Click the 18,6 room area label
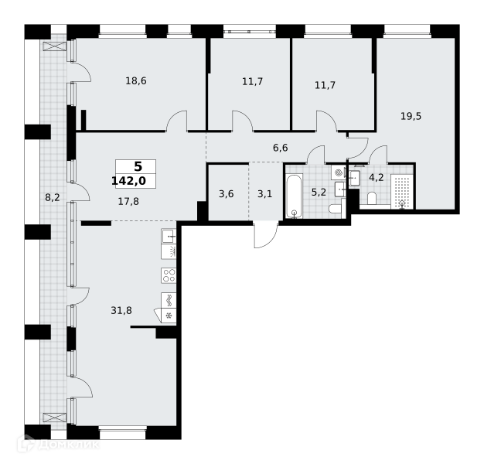click(136, 81)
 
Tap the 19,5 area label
click(411, 116)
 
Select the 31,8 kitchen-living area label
click(121, 310)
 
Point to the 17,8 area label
click(128, 202)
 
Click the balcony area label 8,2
click(53, 197)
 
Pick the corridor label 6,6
click(281, 148)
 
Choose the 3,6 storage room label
click(227, 194)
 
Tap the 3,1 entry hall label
click(265, 194)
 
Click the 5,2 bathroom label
click(319, 193)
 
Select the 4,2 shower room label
click(377, 178)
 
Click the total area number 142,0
click(128, 181)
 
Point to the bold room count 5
click(138, 167)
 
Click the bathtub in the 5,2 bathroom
click(294, 196)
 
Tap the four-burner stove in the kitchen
click(169, 275)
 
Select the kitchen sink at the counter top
click(169, 237)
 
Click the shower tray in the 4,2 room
click(402, 192)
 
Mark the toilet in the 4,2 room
click(372, 198)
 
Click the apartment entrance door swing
click(266, 234)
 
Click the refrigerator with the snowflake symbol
click(169, 316)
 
